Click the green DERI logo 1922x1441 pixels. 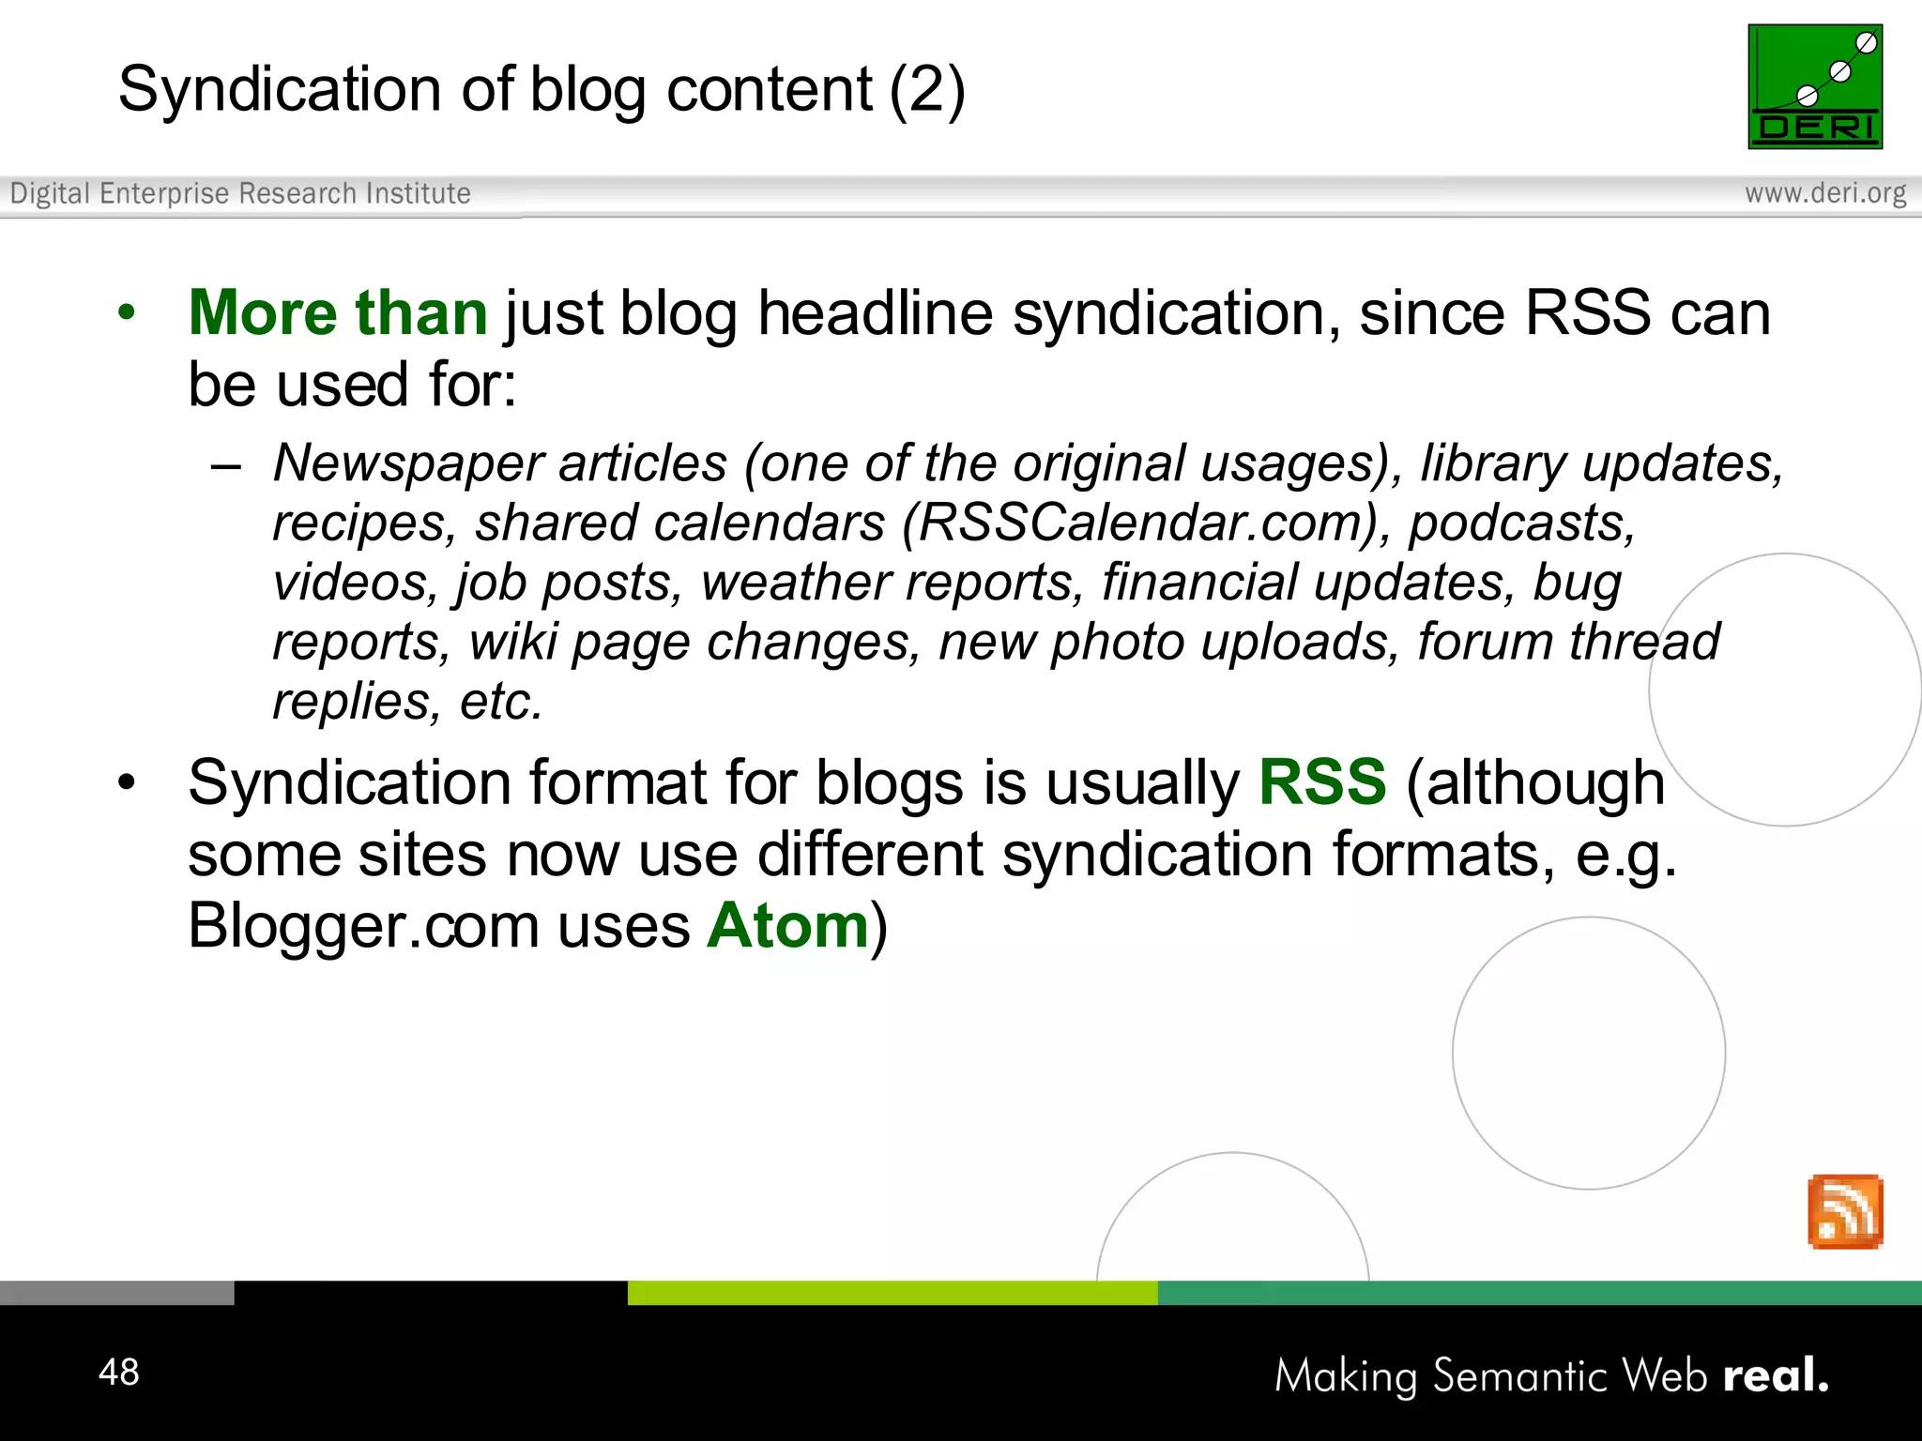1815,86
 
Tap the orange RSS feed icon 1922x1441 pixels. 1845,1211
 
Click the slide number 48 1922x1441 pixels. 119,1372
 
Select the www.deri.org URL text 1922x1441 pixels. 1825,193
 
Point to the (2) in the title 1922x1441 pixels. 927,90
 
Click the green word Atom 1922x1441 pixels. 788,926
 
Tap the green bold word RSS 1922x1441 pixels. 1322,781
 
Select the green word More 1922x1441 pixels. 263,312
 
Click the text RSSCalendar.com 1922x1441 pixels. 1146,523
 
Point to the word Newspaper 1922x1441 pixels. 406,463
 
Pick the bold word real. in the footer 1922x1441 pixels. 1776,1376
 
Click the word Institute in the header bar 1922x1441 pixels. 418,193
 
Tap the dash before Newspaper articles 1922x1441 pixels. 226,465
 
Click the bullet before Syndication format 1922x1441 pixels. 127,781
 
